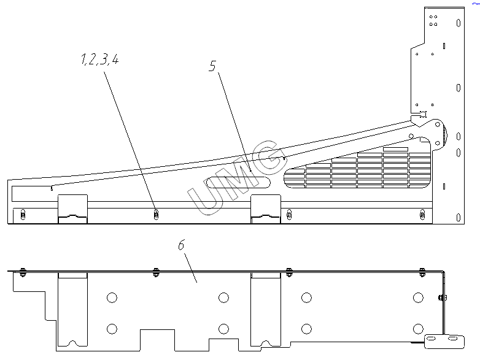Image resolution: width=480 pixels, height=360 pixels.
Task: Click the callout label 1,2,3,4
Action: click(x=99, y=61)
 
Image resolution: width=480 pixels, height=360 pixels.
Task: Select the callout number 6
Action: click(x=181, y=245)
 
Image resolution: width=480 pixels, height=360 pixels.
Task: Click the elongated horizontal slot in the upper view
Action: click(x=239, y=182)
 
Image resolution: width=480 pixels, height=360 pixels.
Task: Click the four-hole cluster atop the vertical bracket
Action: click(x=433, y=20)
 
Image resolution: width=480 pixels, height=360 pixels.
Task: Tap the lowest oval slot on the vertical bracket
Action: click(x=459, y=217)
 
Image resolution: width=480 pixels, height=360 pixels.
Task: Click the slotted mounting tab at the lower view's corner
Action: click(x=445, y=338)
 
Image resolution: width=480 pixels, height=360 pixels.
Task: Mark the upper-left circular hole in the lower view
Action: click(x=111, y=298)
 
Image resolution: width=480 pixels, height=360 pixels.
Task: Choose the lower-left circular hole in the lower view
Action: click(x=111, y=329)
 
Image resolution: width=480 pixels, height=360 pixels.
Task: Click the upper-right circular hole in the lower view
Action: click(x=418, y=298)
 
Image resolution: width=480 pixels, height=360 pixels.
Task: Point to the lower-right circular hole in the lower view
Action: click(x=418, y=329)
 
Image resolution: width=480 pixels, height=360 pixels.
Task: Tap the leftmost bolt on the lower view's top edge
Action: click(x=23, y=271)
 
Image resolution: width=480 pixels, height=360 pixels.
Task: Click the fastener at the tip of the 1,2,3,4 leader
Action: click(x=156, y=213)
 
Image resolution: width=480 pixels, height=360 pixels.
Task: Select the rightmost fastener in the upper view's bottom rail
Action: click(x=422, y=213)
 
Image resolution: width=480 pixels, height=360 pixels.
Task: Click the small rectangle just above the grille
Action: click(x=395, y=149)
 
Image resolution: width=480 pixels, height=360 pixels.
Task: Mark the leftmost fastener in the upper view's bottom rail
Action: click(x=23, y=213)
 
